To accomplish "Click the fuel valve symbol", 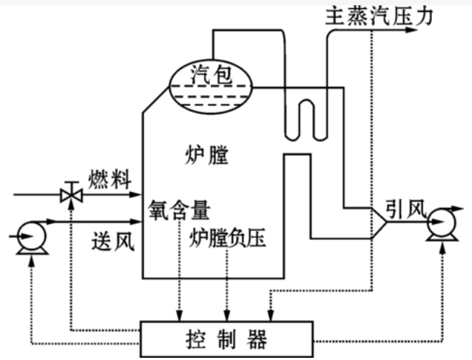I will tap(71, 195).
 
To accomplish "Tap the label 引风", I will tap(404, 209).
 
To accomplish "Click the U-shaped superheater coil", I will tap(301, 115).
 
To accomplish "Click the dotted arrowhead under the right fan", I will tap(443, 255).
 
